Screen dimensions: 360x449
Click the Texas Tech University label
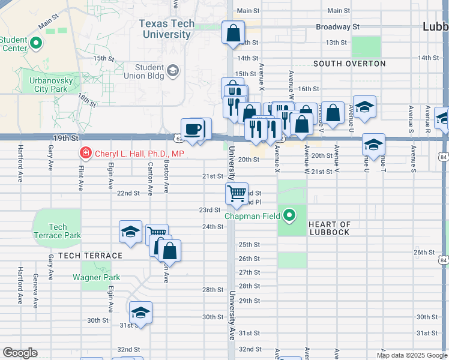click(166, 29)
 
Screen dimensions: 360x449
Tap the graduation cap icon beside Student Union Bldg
click(173, 71)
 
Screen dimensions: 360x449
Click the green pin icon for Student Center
click(35, 43)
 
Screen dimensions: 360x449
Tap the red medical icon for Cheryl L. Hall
click(85, 154)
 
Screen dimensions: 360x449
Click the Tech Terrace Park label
click(57, 231)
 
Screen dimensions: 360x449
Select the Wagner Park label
click(96, 277)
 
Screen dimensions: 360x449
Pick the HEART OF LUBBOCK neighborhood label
click(337, 224)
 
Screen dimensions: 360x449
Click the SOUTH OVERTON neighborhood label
click(349, 64)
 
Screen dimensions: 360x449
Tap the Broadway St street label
click(337, 27)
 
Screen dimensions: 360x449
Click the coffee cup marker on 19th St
click(192, 130)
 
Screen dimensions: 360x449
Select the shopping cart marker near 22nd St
click(237, 193)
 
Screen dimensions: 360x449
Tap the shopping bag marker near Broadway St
click(233, 32)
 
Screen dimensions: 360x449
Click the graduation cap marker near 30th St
click(141, 312)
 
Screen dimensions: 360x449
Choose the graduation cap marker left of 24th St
click(130, 232)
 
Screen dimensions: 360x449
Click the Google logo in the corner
click(20, 353)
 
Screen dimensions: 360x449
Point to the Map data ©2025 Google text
click(412, 355)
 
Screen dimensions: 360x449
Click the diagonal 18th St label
click(87, 100)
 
